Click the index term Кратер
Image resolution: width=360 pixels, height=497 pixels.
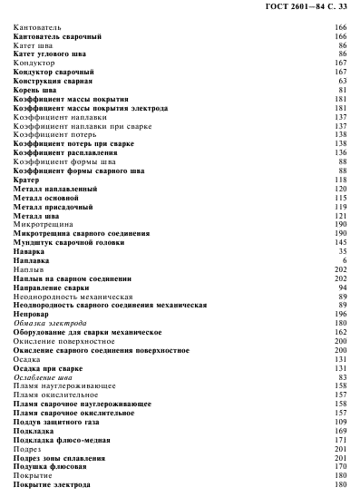pos(25,180)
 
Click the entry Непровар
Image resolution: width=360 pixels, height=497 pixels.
pos(31,314)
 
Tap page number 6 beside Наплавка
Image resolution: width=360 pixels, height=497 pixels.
pos(345,260)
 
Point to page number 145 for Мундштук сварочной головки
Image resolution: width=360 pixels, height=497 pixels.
pos(342,242)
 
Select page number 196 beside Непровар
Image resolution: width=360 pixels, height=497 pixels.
pos(342,314)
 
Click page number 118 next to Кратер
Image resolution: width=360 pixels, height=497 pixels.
pos(342,180)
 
